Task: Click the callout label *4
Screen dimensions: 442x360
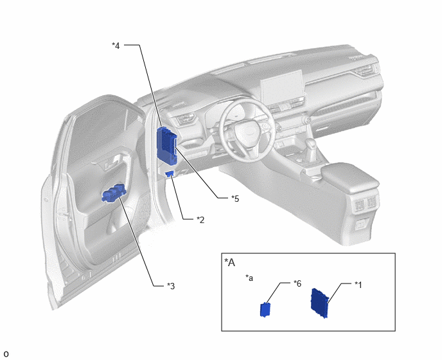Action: (x=116, y=46)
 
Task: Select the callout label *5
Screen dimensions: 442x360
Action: (x=235, y=199)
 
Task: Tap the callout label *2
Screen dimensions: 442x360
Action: (x=200, y=220)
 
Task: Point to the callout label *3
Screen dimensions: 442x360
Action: (x=171, y=286)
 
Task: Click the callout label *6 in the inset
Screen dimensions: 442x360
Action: (x=297, y=283)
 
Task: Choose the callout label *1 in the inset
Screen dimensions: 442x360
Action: (x=358, y=285)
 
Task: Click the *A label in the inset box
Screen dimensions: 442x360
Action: (x=229, y=262)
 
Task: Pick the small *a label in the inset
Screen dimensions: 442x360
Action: (x=249, y=278)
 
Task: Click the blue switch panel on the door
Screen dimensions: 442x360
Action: (x=113, y=194)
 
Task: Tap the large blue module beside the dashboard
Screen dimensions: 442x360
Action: (x=167, y=146)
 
